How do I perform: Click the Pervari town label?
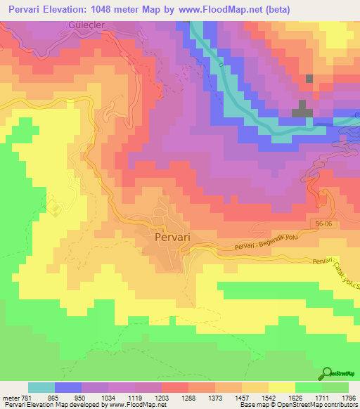[x=172, y=238]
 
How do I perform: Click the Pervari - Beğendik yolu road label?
[x=259, y=244]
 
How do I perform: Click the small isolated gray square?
[x=309, y=79]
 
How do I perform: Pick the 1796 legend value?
[x=349, y=398]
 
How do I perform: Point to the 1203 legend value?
[x=161, y=398]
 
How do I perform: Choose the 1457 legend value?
[x=242, y=398]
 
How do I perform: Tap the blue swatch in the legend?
[x=67, y=388]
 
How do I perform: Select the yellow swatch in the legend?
[x=282, y=388]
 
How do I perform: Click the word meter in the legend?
[x=11, y=398]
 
